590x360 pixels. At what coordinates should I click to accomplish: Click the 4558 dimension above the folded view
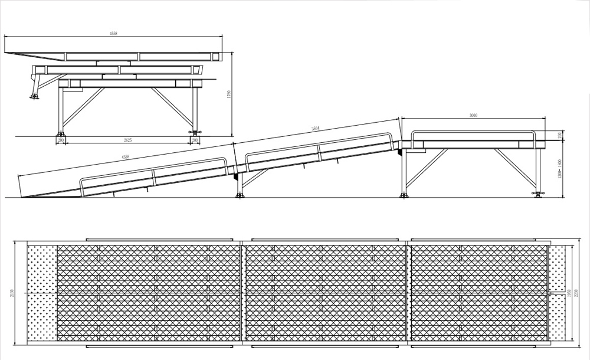[113, 34]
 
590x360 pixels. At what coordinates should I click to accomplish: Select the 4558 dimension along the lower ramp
[125, 157]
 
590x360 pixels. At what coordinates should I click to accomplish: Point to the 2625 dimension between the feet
[127, 140]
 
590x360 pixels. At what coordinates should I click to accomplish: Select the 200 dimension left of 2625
[61, 140]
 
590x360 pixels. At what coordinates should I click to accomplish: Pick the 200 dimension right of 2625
[194, 140]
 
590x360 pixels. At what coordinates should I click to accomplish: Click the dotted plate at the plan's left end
[42, 293]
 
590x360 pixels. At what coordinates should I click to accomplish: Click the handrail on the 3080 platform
[475, 130]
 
